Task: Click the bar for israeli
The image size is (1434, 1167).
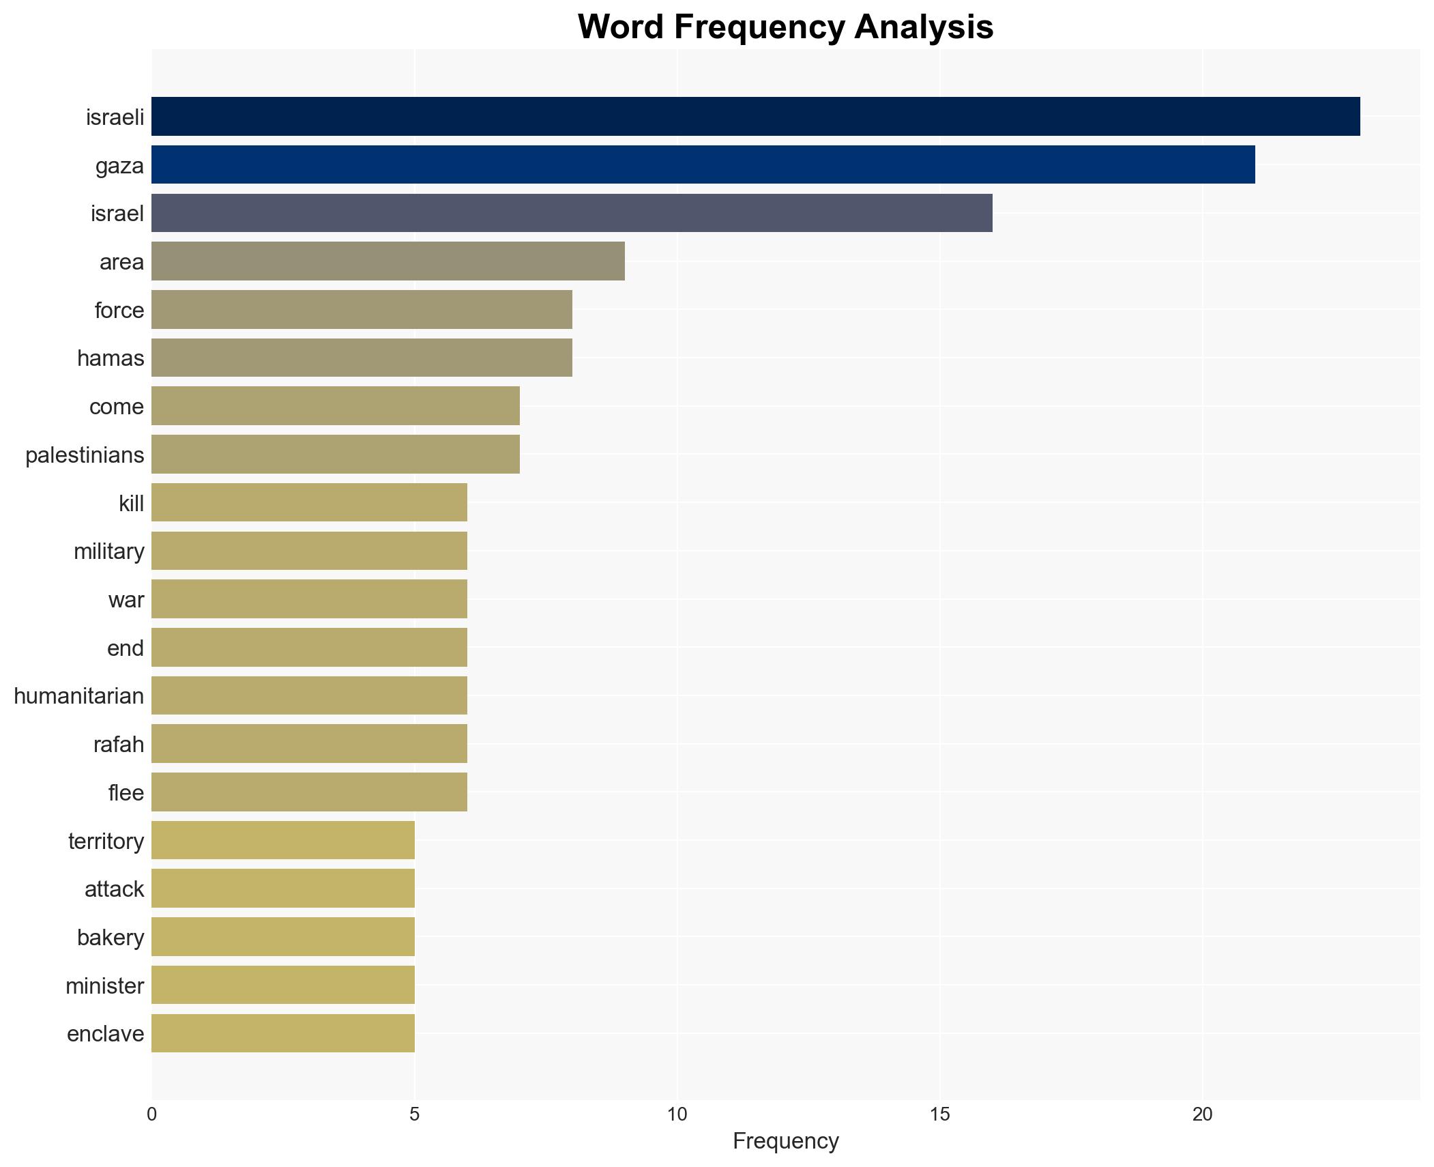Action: click(x=755, y=117)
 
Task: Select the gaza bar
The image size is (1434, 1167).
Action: click(x=703, y=164)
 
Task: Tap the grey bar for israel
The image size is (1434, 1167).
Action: click(x=572, y=213)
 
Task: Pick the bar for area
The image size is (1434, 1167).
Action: click(x=387, y=261)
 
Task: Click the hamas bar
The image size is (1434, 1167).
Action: click(x=362, y=358)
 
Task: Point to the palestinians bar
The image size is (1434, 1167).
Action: click(x=335, y=455)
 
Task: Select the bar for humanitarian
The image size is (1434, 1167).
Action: click(x=309, y=695)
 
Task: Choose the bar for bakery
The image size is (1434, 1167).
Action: click(x=282, y=937)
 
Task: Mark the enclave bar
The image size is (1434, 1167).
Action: click(x=282, y=1033)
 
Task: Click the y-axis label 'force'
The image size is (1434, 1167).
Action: click(x=119, y=311)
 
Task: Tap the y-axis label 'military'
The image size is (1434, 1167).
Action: click(x=109, y=551)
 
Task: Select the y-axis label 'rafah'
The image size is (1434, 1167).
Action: click(x=119, y=745)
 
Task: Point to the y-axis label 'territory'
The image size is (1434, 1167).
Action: click(x=106, y=841)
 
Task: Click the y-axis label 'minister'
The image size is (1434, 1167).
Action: click(x=105, y=986)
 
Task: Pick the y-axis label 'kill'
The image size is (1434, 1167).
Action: click(x=131, y=504)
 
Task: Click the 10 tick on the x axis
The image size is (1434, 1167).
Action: click(x=677, y=1114)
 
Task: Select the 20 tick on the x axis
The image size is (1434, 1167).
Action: click(x=1202, y=1114)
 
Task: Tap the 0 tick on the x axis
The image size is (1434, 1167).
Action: click(x=151, y=1114)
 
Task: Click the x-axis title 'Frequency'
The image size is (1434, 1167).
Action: click(x=785, y=1141)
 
